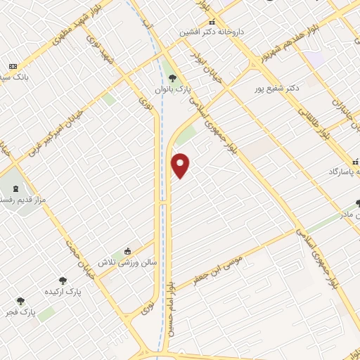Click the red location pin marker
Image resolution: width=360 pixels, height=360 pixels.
click(x=181, y=165)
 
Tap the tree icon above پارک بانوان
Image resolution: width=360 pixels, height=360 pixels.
click(x=173, y=78)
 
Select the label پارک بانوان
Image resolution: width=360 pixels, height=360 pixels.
click(x=174, y=90)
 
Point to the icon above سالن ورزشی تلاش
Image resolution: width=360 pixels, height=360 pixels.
click(x=127, y=251)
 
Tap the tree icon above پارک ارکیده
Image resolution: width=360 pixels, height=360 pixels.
click(x=63, y=281)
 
